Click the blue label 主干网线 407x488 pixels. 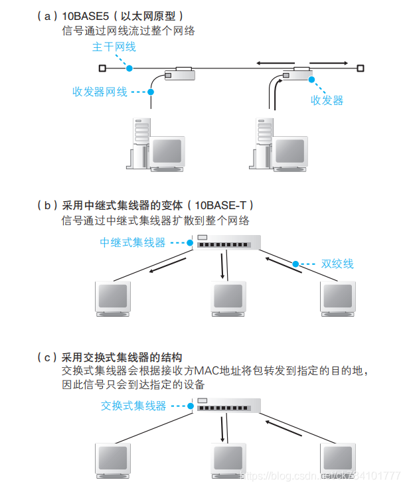click(114, 47)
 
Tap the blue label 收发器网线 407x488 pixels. click(100, 92)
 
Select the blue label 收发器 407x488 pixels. click(327, 100)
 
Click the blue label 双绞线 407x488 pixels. click(337, 264)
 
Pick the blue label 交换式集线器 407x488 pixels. click(133, 405)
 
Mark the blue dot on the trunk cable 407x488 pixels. click(129, 68)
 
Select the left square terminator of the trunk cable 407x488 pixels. click(102, 68)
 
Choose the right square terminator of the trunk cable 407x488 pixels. click(360, 68)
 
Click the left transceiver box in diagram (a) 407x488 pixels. click(179, 72)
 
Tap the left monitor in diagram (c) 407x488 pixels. click(114, 461)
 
